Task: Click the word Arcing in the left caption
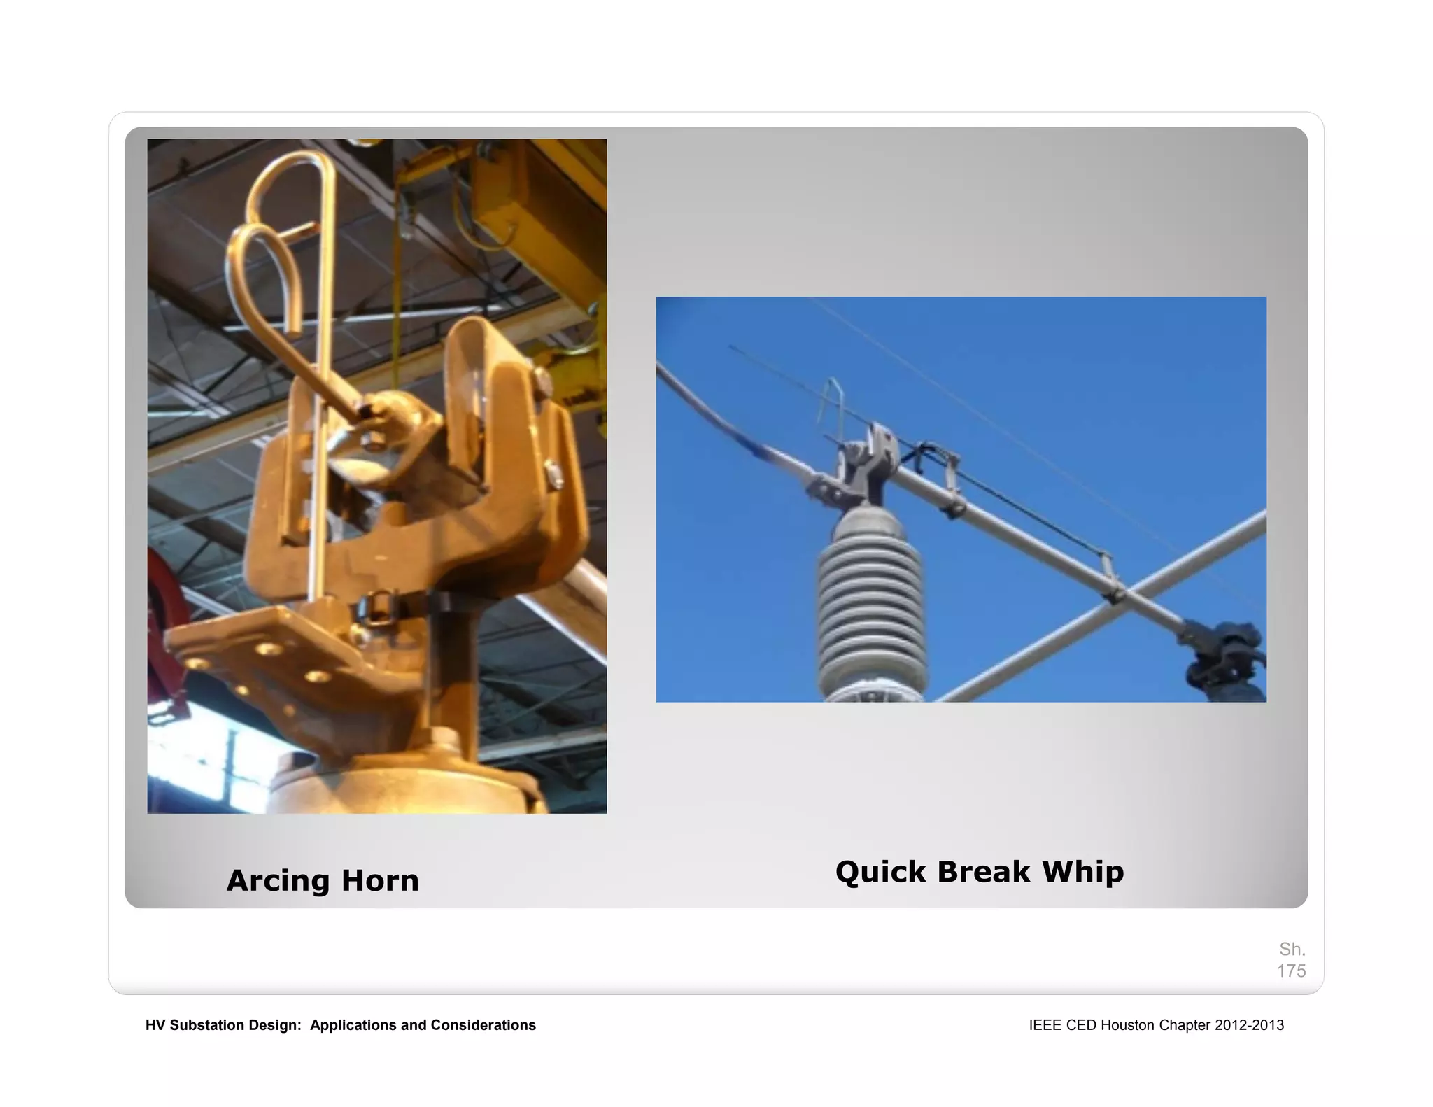277,880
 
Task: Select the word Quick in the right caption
880,872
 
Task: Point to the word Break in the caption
983,872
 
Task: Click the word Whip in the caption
1082,872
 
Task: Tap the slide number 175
1291,971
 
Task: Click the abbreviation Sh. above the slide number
1292,949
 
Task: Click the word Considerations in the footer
483,1025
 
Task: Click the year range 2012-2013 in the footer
1249,1025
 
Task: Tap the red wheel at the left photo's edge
168,630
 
